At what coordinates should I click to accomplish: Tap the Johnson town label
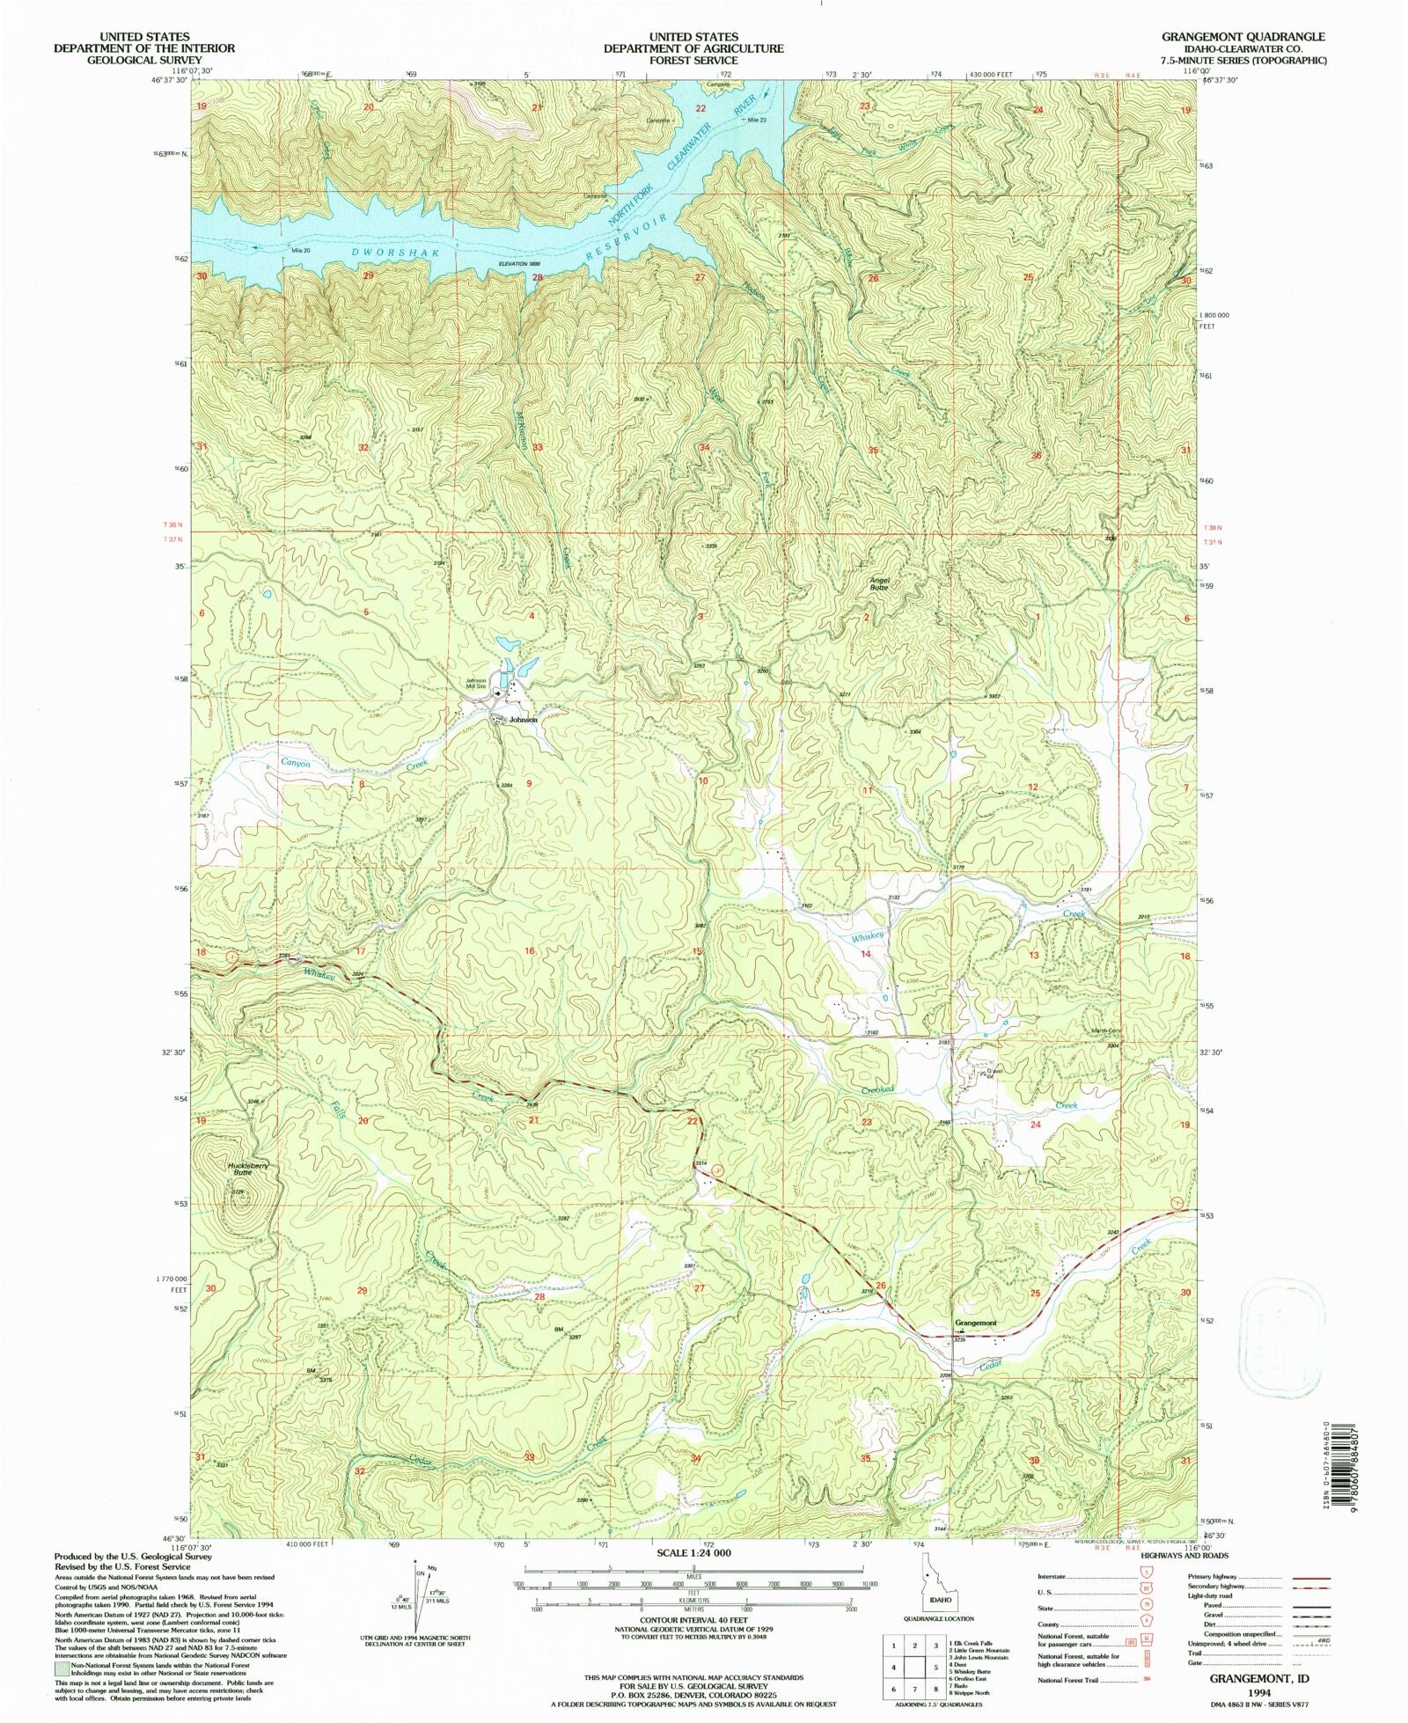523,720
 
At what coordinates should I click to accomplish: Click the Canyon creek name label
296,764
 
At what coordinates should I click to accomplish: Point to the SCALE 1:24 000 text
693,1553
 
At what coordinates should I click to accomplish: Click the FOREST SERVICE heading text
693,60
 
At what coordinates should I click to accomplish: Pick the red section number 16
530,951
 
